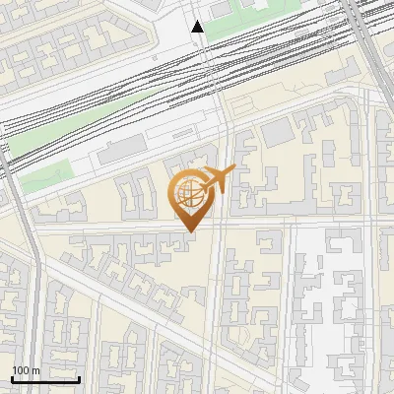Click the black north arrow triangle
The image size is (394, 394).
pos(199,27)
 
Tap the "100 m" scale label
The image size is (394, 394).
pos(26,370)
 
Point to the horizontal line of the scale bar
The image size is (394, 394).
pos(45,379)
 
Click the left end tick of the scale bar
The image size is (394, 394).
pos(12,378)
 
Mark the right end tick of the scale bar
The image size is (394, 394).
pos(79,378)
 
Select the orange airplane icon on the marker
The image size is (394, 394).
pos(218,180)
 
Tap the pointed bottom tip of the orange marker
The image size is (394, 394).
pos(191,233)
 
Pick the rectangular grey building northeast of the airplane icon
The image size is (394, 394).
pos(278,131)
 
